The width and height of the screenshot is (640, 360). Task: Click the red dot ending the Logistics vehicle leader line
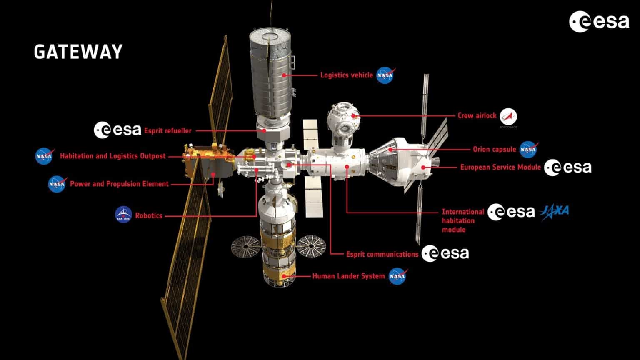[x=284, y=75]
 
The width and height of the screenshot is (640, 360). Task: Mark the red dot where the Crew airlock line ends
[x=353, y=116]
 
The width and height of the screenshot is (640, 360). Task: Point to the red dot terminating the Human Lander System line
[x=284, y=276]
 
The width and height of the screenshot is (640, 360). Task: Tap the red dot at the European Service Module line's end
[x=423, y=167]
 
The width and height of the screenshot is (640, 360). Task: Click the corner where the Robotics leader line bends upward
[x=257, y=216]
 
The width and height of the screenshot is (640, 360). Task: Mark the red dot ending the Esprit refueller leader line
[x=265, y=131]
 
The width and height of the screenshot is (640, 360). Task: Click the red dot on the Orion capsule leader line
[x=390, y=149]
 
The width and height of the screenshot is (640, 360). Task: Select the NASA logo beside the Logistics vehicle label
[x=385, y=75]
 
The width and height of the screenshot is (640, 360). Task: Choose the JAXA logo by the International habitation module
[x=554, y=212]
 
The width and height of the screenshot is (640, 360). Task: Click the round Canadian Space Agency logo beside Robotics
[x=123, y=215]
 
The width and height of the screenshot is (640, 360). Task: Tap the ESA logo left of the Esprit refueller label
[x=117, y=130]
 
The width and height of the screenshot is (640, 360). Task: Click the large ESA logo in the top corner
[x=599, y=22]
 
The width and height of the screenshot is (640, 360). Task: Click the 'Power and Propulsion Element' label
[x=120, y=184]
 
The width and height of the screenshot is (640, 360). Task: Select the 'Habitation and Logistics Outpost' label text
[x=113, y=156]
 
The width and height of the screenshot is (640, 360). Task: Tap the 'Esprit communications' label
[x=382, y=254]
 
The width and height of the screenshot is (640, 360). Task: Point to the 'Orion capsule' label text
[x=495, y=149]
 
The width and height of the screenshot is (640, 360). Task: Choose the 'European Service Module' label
[x=500, y=167]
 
